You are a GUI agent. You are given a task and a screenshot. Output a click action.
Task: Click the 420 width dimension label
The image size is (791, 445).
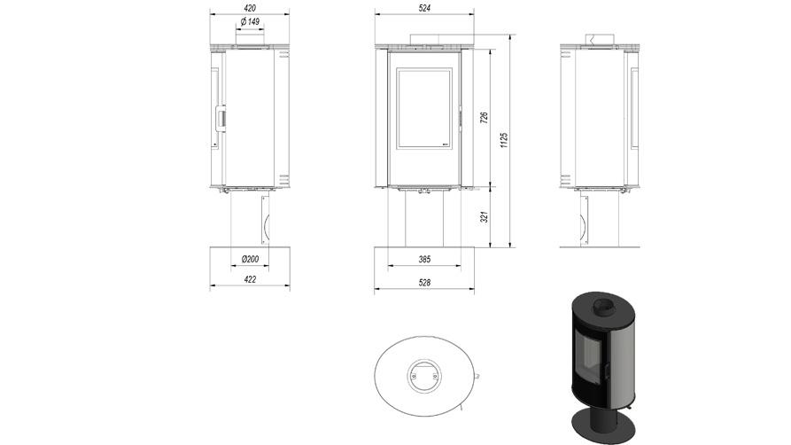(250, 8)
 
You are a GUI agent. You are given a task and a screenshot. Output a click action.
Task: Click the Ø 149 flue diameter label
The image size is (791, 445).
(250, 22)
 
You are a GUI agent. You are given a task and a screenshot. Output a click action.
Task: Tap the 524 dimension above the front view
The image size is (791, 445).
(425, 8)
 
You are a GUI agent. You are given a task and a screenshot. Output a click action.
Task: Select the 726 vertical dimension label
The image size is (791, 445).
(484, 118)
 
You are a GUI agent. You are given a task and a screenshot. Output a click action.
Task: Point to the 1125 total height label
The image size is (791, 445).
(504, 140)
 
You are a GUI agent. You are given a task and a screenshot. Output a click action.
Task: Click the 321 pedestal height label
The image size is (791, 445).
(484, 217)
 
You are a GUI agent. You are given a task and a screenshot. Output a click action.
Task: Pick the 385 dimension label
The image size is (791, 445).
(425, 259)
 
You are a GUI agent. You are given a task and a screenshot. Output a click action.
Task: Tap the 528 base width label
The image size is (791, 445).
(425, 283)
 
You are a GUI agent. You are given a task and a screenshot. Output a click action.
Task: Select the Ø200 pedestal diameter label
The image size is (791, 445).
(250, 259)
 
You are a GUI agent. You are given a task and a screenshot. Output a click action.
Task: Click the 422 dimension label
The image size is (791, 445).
(250, 279)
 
